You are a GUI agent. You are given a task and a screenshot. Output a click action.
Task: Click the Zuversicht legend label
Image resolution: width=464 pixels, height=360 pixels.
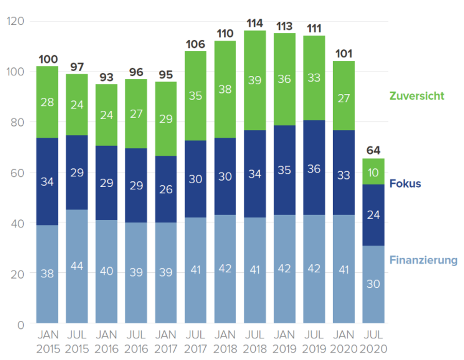pos(417,96)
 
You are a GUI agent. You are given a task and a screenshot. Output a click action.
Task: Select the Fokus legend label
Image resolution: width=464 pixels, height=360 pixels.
pos(405,184)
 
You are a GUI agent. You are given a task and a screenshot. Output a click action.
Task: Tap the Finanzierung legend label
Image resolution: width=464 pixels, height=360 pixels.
pos(423,260)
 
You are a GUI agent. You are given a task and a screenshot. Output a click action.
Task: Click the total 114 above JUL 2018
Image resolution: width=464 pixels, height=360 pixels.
pos(255,23)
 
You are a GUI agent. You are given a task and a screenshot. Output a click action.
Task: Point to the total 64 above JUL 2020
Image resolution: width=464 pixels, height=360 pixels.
pos(373,151)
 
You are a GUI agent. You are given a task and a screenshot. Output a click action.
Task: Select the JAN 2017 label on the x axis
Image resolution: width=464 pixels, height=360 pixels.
pos(165,341)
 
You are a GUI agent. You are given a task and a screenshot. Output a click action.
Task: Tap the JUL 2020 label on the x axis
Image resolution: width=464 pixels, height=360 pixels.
pos(373,341)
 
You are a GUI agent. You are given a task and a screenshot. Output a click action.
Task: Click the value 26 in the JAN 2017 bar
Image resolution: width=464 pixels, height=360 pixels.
pos(165,190)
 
